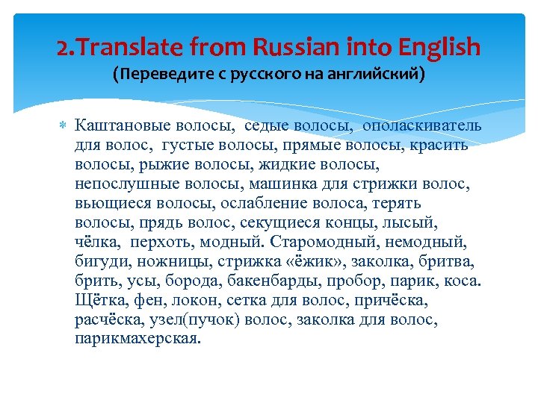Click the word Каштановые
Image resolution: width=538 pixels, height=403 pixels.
coord(125,125)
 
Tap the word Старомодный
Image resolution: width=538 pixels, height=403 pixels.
coord(318,242)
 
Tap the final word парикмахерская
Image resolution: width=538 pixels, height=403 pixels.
coord(138,340)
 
